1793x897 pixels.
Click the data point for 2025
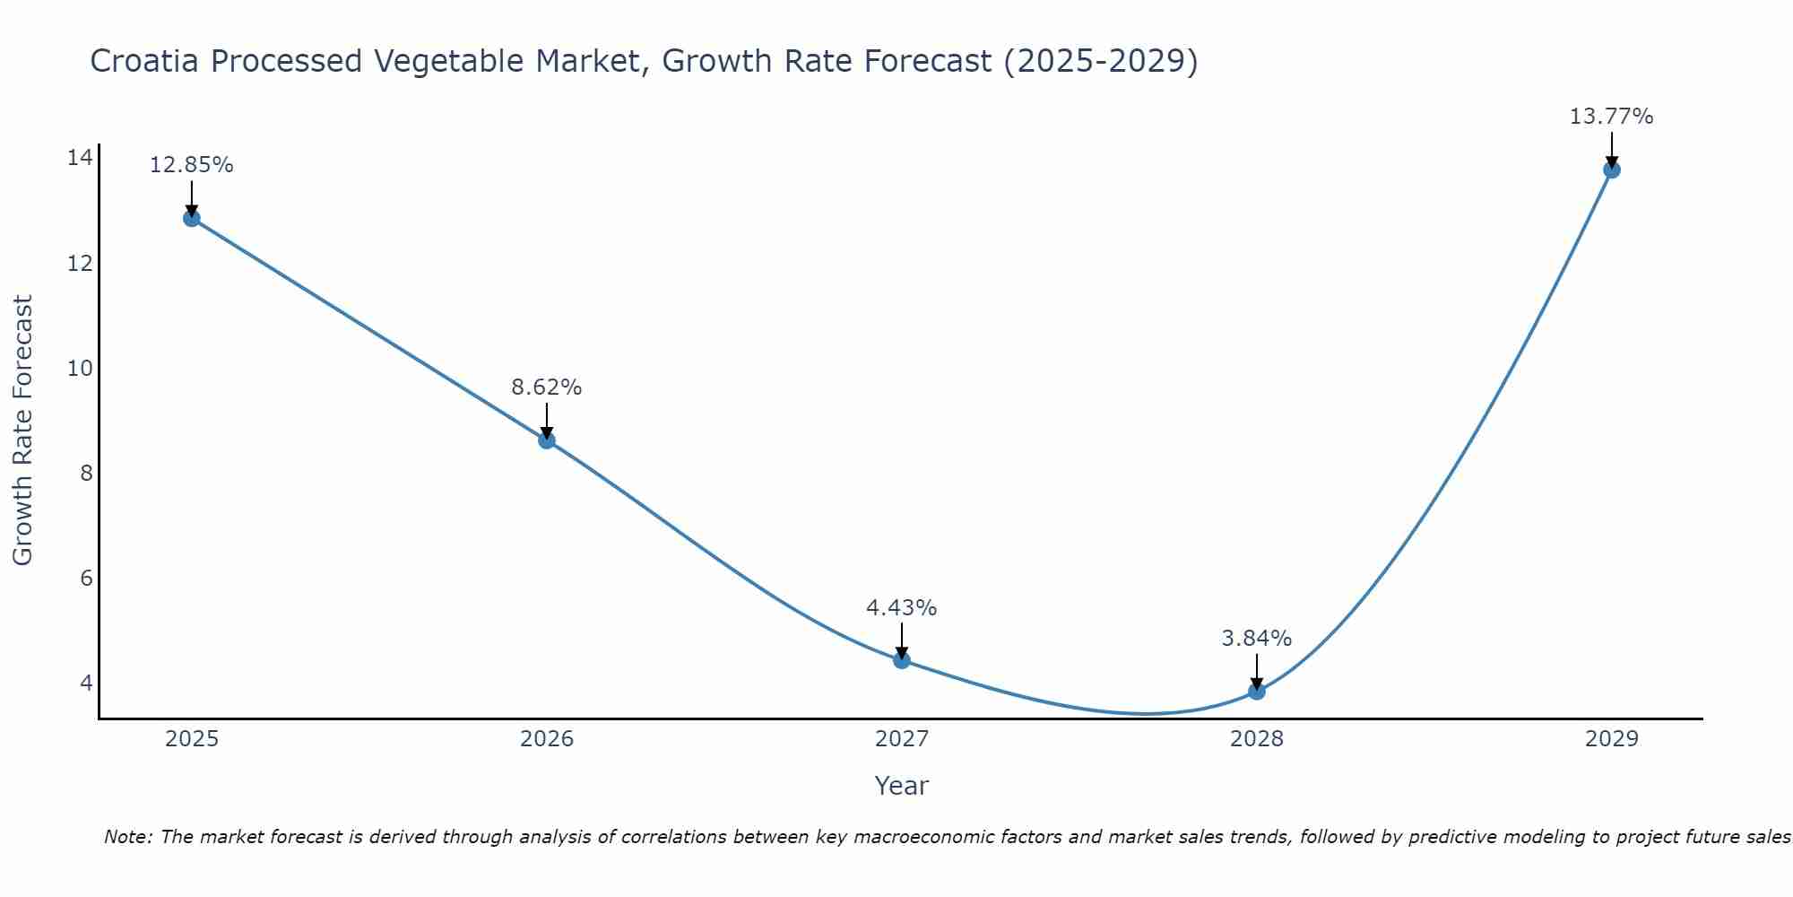(x=192, y=218)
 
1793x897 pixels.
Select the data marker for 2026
(x=547, y=440)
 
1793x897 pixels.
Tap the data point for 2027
(x=902, y=660)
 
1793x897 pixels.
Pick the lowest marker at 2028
(x=1257, y=691)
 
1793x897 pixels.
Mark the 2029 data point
(x=1611, y=170)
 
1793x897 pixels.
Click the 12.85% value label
(x=192, y=165)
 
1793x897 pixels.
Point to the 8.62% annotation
(x=547, y=388)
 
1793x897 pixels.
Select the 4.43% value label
(x=902, y=608)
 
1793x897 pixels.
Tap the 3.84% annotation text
(x=1257, y=639)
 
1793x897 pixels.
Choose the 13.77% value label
(x=1611, y=117)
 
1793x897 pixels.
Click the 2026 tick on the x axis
(x=547, y=739)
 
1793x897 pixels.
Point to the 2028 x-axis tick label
(x=1257, y=739)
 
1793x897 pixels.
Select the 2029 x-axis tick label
(x=1611, y=739)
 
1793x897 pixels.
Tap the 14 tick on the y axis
(x=80, y=159)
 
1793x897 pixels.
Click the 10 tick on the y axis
(x=80, y=369)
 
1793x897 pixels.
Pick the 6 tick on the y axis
(x=86, y=579)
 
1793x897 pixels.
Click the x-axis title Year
(x=902, y=786)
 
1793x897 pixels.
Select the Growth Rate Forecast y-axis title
(x=22, y=431)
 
